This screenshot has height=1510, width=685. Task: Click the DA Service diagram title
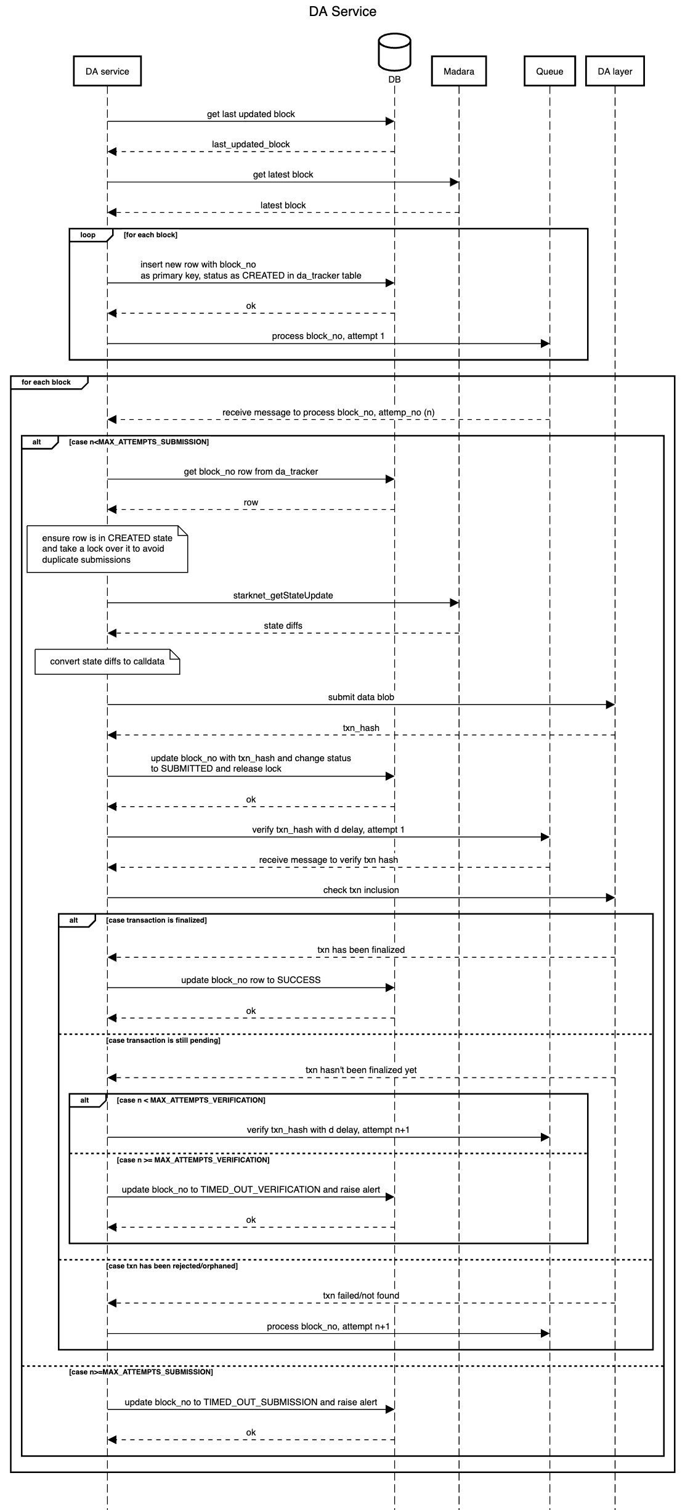(342, 12)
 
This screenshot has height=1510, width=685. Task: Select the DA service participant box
(107, 71)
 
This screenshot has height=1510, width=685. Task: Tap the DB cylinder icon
(394, 52)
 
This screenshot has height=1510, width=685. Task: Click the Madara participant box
(459, 71)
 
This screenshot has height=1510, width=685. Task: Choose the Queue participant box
(549, 71)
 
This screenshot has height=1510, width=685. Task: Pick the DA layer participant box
(615, 71)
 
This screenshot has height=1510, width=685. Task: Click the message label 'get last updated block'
(251, 114)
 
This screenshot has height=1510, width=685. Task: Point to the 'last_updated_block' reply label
(251, 144)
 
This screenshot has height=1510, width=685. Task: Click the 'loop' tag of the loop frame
(88, 235)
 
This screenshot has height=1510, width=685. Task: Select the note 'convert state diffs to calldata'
(107, 661)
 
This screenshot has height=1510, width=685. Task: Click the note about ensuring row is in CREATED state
(107, 549)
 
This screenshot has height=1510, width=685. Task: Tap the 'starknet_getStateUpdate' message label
(283, 595)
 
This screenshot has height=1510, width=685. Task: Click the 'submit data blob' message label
(361, 697)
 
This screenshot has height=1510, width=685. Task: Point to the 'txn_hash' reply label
(361, 728)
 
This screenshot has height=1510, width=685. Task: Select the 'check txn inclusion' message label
(361, 890)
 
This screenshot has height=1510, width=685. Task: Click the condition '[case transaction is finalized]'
(156, 920)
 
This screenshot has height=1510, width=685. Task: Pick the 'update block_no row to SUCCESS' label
(251, 980)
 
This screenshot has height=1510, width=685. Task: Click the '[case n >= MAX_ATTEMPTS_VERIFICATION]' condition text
(193, 1160)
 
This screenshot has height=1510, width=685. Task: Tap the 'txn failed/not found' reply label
(361, 1296)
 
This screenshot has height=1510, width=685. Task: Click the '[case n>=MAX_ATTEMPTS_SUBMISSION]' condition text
(141, 1372)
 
